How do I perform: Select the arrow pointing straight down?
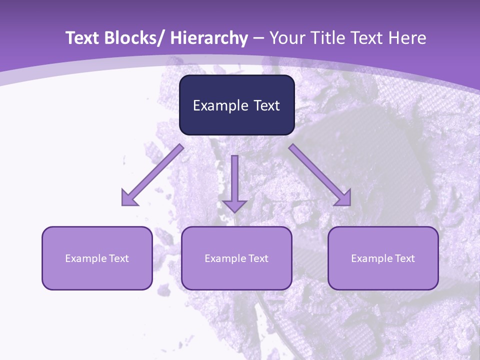[x=234, y=183]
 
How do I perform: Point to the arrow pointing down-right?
[x=320, y=175]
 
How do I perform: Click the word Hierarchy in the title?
[x=208, y=38]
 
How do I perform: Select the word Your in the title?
[x=286, y=38]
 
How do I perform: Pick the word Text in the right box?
[x=404, y=258]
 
